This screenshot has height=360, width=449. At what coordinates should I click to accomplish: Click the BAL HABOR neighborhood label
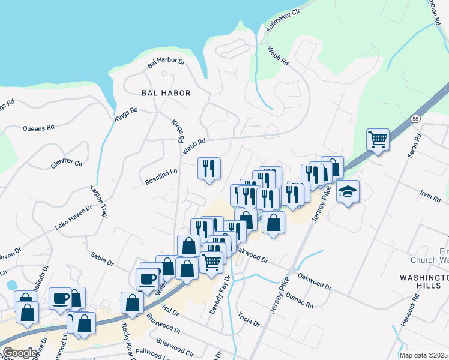pyautogui.click(x=166, y=93)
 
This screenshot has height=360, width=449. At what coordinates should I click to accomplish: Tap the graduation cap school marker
pyautogui.click(x=348, y=192)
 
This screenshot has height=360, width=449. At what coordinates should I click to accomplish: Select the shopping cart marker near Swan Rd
pyautogui.click(x=378, y=140)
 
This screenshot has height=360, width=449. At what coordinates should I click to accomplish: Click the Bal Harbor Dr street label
pyautogui.click(x=166, y=61)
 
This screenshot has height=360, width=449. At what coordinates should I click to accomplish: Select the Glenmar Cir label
pyautogui.click(x=67, y=163)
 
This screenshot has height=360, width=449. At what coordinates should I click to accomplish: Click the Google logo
pyautogui.click(x=20, y=353)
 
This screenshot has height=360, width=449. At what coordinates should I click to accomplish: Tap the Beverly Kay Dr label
pyautogui.click(x=220, y=295)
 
